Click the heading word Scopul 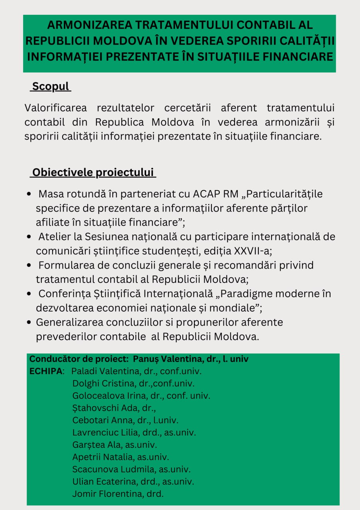51,86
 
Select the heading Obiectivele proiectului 93,173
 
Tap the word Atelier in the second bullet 55,237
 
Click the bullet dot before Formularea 29,265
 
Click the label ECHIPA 46,371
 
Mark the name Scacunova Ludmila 112,469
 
